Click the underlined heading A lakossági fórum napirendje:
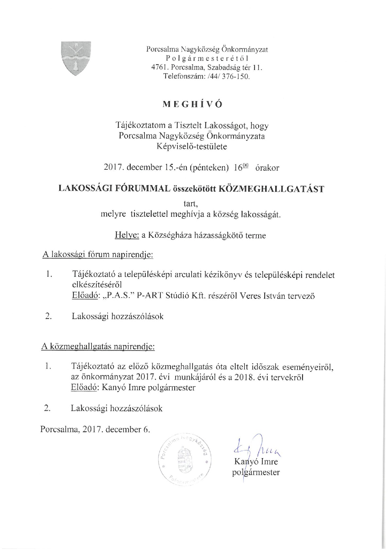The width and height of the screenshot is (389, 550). (98, 255)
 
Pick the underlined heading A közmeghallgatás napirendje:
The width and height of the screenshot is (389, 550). (98, 347)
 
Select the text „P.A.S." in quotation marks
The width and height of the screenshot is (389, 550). (119, 296)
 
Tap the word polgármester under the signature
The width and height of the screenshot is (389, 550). (256, 473)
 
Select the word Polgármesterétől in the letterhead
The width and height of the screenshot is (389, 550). (207, 59)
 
